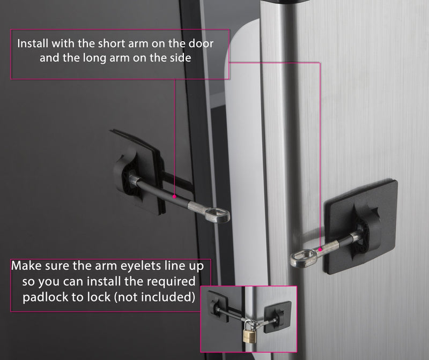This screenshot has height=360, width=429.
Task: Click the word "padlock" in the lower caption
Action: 45,297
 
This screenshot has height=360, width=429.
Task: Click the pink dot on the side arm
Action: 320,249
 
